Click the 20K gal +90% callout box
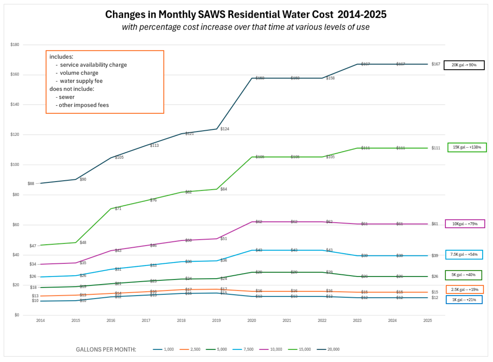coord(464,65)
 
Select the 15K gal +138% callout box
coord(467,147)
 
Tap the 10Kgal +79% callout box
coord(465,224)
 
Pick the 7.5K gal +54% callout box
coord(464,255)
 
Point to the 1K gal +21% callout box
coord(464,300)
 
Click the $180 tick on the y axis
coord(15,45)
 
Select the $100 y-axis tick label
coord(15,165)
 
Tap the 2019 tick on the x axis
coord(217,320)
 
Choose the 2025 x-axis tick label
coord(427,320)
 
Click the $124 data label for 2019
coord(225,129)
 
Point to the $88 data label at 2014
coord(31,184)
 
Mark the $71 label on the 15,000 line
coord(118,208)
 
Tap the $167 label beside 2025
coord(436,64)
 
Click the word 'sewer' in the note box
coord(67,97)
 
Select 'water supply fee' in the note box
coord(81,81)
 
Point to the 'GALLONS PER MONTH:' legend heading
coord(106,350)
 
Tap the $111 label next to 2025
coord(436,148)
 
